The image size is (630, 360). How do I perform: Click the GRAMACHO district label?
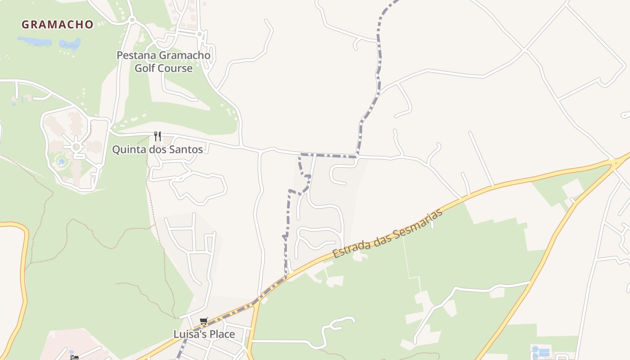[57, 24]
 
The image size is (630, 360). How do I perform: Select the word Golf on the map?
[144, 68]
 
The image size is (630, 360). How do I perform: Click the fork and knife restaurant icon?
[157, 136]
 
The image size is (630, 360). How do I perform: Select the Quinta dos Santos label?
[157, 149]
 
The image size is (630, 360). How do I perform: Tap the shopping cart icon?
[204, 321]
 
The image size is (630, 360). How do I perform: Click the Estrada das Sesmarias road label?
[387, 234]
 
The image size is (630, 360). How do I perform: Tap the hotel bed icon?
[74, 358]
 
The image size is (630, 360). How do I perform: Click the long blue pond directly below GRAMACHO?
[34, 41]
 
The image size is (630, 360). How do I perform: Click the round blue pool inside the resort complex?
[61, 162]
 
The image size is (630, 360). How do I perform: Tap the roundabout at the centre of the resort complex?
[76, 147]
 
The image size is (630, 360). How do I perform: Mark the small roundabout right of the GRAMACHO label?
[132, 20]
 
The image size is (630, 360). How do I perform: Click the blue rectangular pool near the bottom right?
[544, 351]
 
